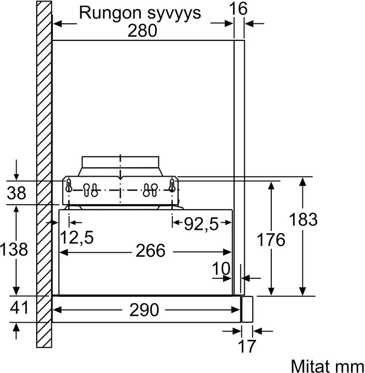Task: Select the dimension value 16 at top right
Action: click(239, 8)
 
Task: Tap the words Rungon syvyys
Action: click(139, 12)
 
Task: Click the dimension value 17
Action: click(247, 346)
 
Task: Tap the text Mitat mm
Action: click(327, 365)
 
